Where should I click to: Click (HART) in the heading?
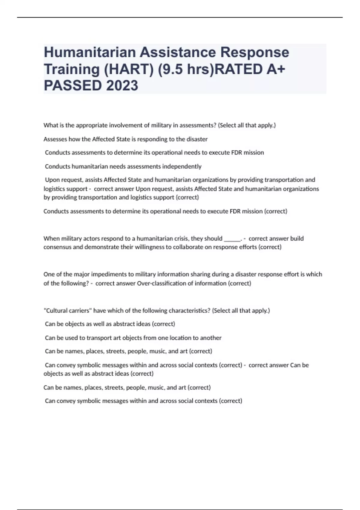tap(128, 69)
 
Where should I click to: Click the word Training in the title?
tap(72, 69)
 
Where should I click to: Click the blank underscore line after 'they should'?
tap(232, 239)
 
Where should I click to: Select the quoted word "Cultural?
tap(55, 310)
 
